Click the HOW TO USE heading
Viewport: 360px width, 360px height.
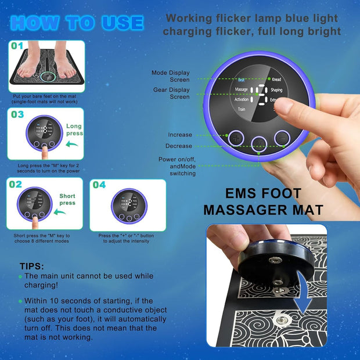76,23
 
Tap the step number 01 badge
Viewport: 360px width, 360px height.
17,45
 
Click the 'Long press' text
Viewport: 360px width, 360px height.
74,129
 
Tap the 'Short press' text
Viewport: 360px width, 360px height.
67,199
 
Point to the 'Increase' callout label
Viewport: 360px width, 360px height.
179,135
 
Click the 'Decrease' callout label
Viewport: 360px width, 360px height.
178,146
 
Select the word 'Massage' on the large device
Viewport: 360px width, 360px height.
241,89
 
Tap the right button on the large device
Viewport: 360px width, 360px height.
282,137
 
